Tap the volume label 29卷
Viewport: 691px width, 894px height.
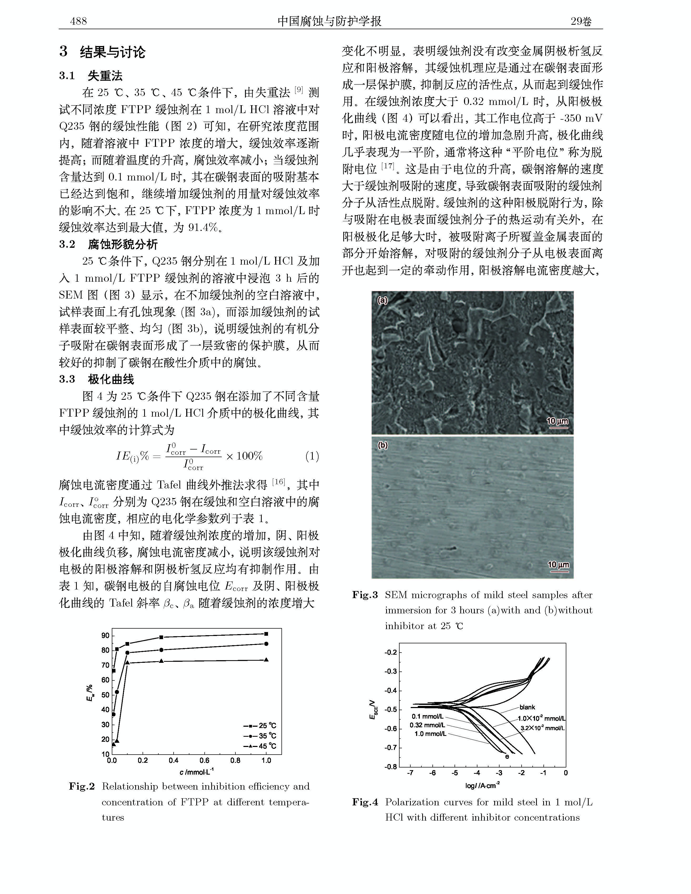(582, 21)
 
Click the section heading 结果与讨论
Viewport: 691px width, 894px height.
(113, 52)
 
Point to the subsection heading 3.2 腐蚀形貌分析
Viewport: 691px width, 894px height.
(108, 244)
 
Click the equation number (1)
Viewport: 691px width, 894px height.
(312, 456)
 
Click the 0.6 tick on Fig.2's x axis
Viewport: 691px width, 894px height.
(204, 761)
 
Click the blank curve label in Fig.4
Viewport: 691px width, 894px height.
(527, 707)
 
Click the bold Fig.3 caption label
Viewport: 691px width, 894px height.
(365, 595)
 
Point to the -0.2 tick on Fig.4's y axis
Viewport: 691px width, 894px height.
(391, 652)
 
